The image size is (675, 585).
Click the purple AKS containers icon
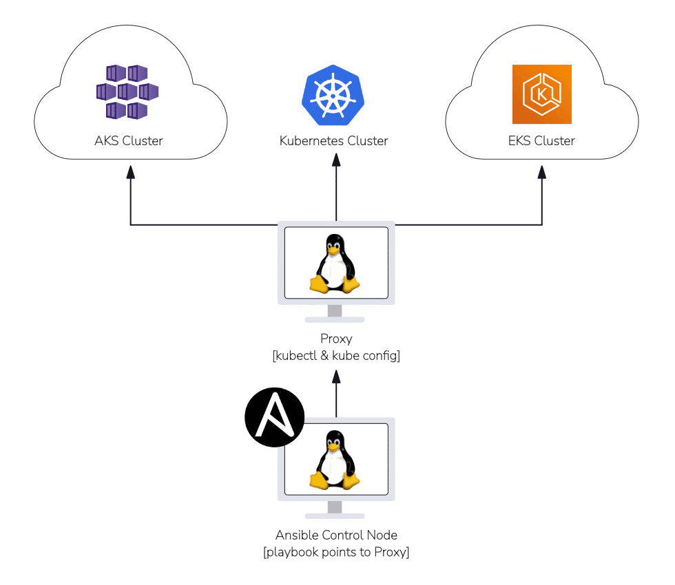pos(127,92)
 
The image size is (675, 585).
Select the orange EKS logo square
pos(541,94)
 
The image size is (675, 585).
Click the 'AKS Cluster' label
pos(129,141)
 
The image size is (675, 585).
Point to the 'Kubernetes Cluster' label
pos(333,141)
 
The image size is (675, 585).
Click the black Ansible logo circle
pos(274,417)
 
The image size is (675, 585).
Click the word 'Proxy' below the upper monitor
pos(336,339)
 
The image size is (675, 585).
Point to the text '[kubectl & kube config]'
pos(336,356)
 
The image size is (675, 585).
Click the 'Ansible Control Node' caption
pos(336,535)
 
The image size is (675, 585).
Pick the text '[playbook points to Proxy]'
pos(336,552)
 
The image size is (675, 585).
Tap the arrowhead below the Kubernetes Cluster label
pos(336,160)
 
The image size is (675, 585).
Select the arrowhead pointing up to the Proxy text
pos(336,376)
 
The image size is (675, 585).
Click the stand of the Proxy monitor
pos(335,313)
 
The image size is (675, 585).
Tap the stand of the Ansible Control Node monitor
pos(335,510)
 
